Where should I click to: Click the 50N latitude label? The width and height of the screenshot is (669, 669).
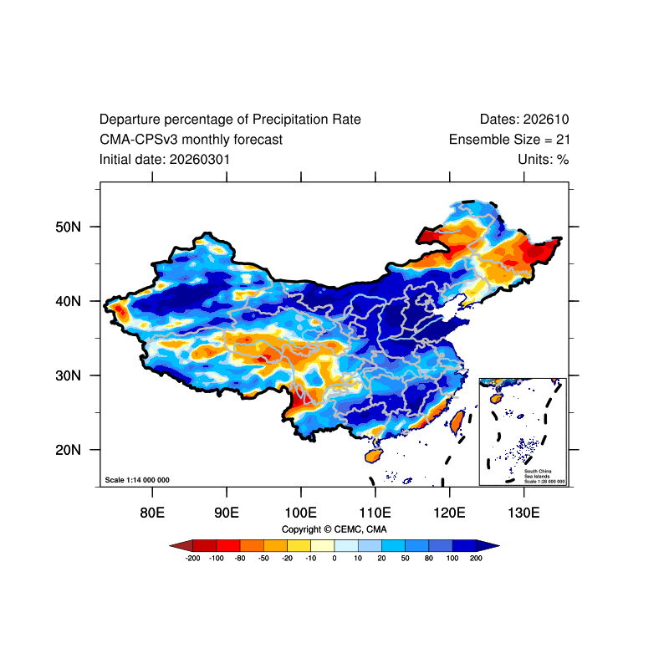pos(68,227)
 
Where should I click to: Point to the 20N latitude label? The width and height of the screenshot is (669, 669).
pos(68,450)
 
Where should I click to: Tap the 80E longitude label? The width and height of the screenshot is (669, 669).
pos(152,513)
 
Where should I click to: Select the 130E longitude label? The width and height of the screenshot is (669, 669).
pos(523,513)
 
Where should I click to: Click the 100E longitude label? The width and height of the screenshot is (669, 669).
pos(301,513)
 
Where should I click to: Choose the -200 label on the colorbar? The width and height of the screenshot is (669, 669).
pos(192,558)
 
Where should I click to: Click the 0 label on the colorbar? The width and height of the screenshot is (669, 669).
pos(334,558)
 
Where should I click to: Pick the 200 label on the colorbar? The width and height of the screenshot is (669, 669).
pos(476,558)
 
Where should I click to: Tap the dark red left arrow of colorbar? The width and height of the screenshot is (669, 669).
pos(181,546)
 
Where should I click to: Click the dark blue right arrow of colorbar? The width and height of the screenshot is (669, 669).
pos(488,546)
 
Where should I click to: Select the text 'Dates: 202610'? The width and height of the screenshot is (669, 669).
pos(524,119)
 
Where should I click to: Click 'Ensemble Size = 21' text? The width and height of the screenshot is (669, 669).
pos(509,140)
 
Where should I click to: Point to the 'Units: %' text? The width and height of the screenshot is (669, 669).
pos(544,160)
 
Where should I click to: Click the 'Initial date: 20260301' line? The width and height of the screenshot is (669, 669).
pos(165,160)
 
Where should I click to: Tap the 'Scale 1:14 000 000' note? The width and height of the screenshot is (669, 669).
pos(137,480)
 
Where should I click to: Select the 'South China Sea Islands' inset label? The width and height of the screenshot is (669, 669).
pos(538,473)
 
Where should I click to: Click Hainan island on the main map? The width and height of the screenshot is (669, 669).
pos(373,456)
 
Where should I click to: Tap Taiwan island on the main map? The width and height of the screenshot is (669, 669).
pos(457,421)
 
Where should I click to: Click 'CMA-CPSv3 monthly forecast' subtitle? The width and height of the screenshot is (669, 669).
pos(191,140)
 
